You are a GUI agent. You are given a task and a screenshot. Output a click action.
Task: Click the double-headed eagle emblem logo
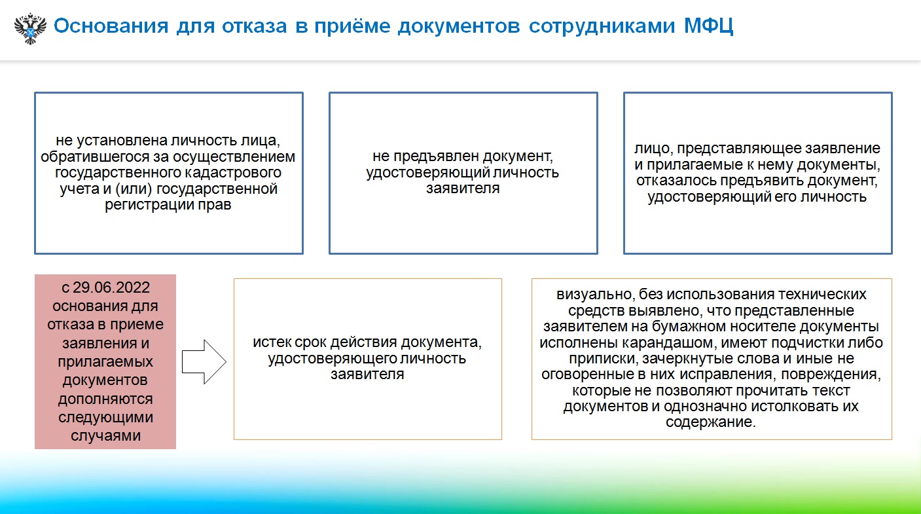[30, 28]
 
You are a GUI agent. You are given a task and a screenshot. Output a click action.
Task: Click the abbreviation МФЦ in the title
[708, 26]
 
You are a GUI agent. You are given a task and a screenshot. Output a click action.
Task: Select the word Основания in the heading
[111, 26]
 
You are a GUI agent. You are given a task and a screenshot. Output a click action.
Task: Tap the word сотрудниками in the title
[602, 27]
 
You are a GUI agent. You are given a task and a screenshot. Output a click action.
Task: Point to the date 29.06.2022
[111, 287]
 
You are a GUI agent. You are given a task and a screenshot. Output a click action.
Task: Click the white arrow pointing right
[204, 362]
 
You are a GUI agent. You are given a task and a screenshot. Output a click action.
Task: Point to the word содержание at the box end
[711, 422]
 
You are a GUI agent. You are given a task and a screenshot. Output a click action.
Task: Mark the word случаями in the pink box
[105, 435]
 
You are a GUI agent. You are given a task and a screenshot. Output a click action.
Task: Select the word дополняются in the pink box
[105, 399]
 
